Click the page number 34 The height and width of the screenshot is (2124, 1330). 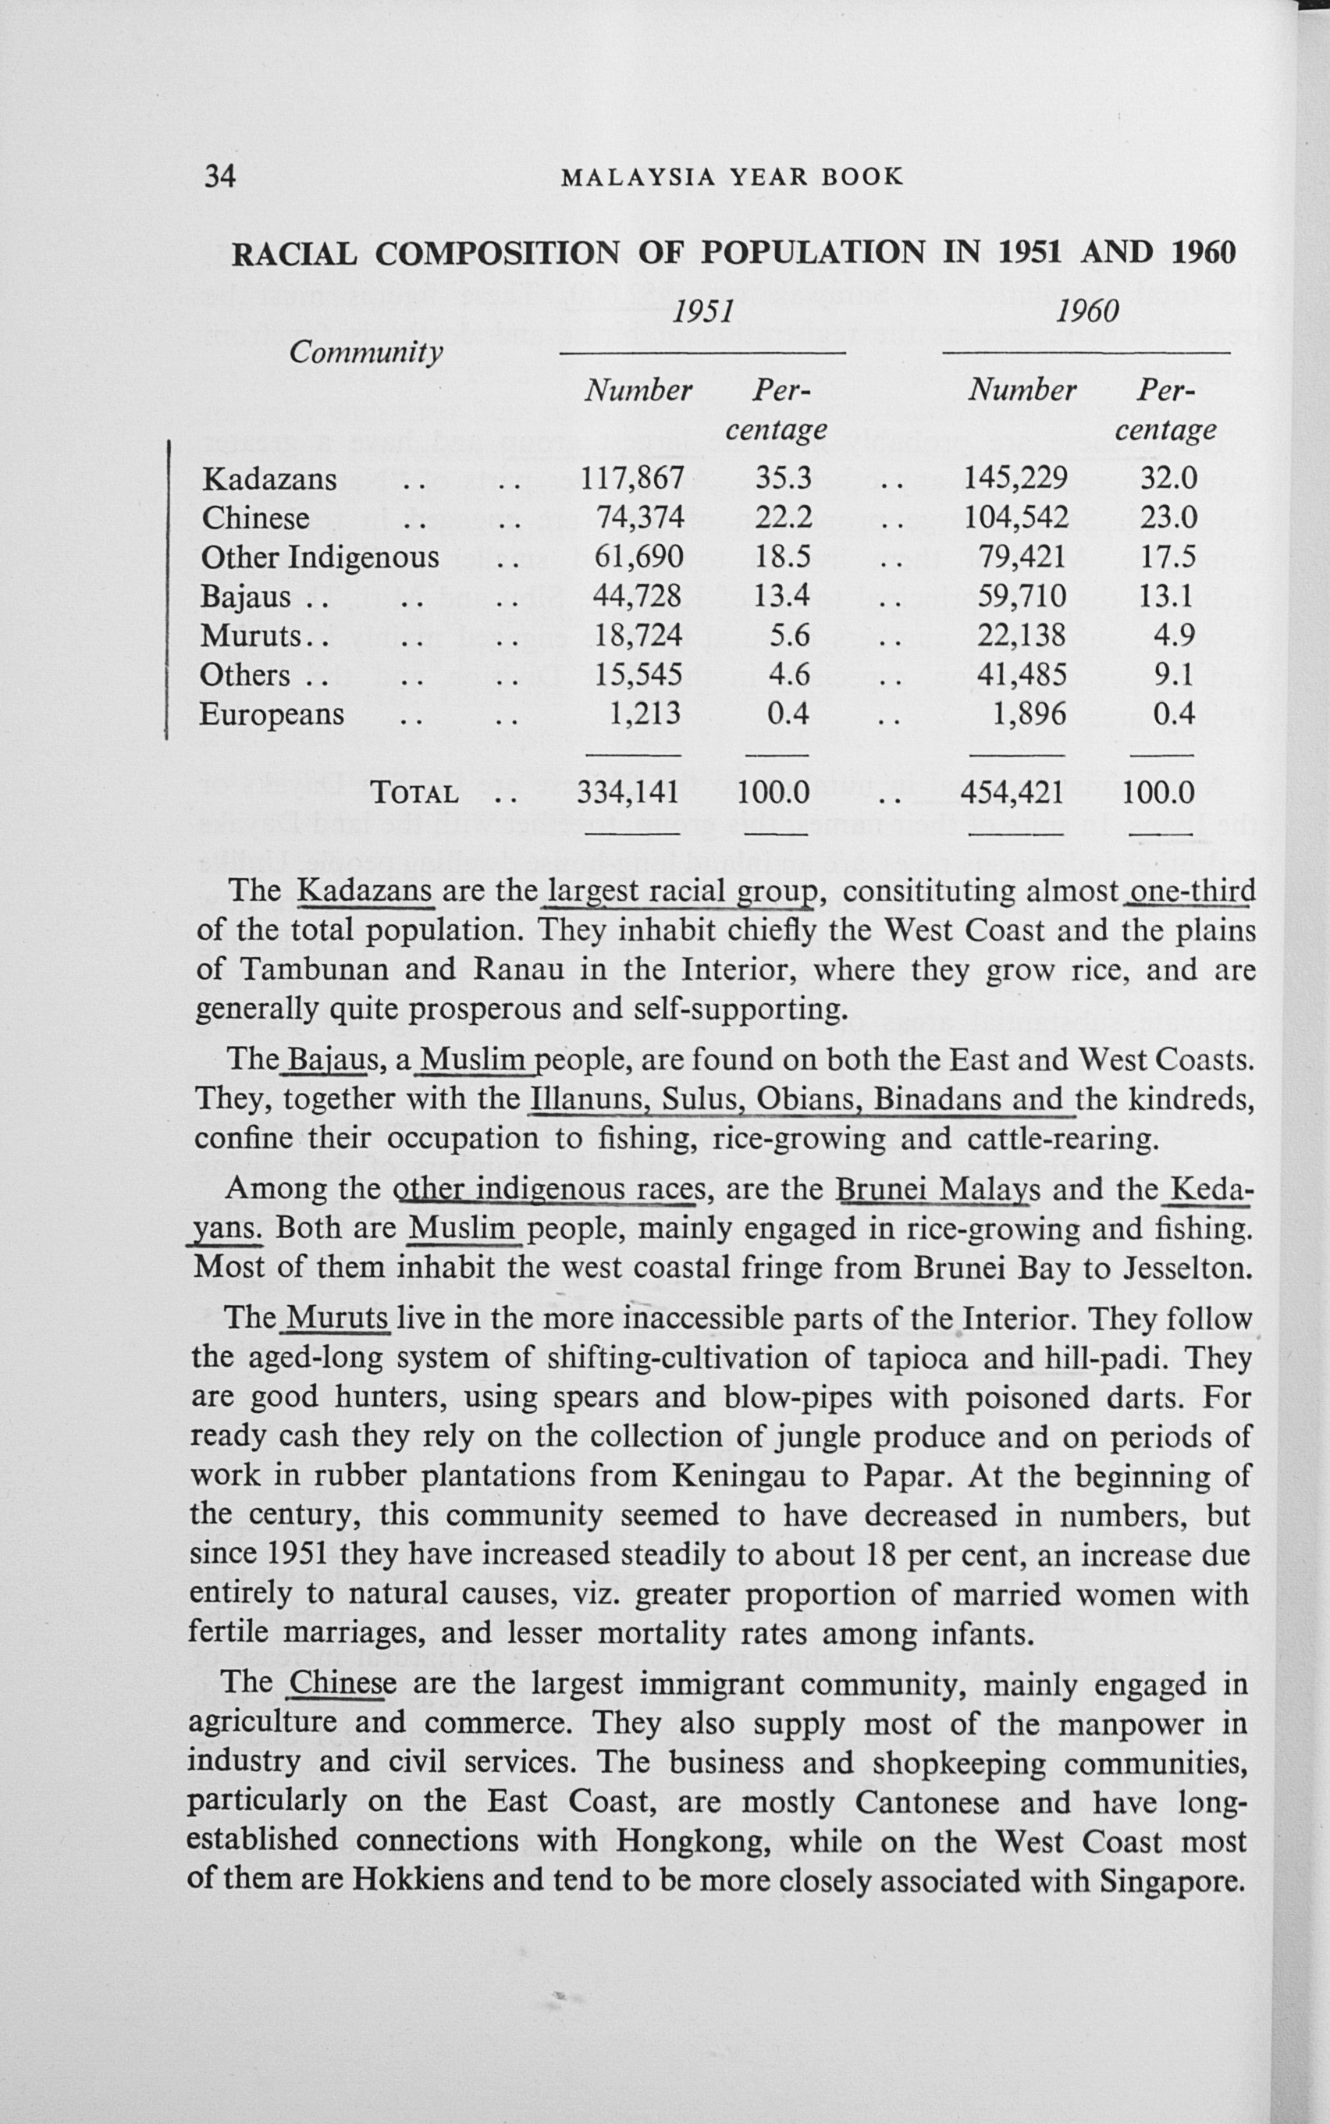click(220, 176)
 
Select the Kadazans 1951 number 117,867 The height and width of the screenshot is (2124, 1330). click(632, 479)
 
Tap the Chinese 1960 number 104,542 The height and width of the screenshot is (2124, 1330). click(1016, 518)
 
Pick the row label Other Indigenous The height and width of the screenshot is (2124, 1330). click(319, 557)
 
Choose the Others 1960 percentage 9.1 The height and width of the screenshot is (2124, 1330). click(1175, 674)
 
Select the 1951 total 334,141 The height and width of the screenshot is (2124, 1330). click(628, 792)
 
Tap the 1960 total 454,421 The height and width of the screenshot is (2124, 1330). click(1012, 792)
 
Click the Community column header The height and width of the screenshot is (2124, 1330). click(366, 353)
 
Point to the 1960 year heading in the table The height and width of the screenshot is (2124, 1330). click(1087, 311)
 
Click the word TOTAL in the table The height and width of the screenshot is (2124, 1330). click(415, 793)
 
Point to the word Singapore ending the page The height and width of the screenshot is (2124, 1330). click(1172, 1881)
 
